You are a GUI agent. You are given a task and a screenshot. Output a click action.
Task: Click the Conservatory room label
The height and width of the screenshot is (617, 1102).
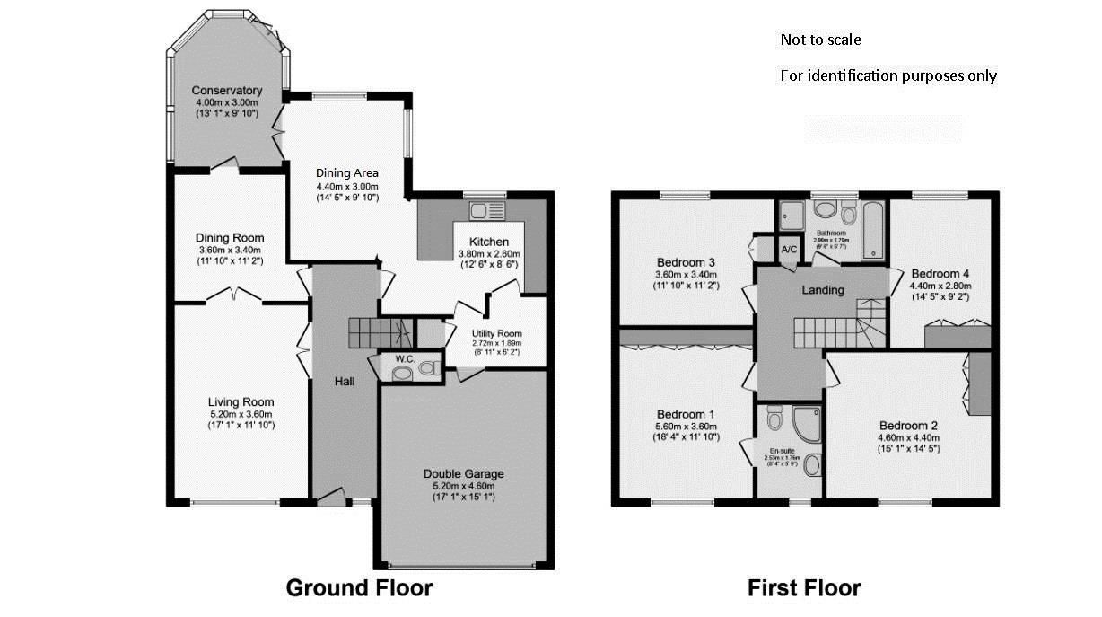point(227,91)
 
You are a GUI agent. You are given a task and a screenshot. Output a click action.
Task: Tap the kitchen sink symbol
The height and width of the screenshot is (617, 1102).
point(488,211)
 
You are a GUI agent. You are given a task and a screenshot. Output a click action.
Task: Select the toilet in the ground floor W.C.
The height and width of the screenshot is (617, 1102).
point(430,367)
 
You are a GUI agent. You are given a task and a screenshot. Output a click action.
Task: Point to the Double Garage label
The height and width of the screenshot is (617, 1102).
point(464,473)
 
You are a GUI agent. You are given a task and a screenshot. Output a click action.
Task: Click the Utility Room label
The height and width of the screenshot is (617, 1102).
point(496,333)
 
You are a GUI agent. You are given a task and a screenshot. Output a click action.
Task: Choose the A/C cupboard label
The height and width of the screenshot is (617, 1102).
point(790,249)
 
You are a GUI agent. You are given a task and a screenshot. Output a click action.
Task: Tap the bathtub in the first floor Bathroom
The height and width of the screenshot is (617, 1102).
point(874,231)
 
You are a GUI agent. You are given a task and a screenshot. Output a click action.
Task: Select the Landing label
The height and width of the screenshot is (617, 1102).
point(823,290)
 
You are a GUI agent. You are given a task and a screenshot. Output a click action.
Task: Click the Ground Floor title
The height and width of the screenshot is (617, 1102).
point(359,588)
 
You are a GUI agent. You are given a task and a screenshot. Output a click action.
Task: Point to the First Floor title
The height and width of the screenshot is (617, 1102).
point(804,588)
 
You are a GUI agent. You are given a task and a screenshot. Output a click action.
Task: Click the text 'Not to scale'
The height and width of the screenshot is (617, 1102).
point(820,40)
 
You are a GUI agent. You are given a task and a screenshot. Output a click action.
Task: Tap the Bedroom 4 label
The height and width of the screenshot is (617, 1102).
point(940,273)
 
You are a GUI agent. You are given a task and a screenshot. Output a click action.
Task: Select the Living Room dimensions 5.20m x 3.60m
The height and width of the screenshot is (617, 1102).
point(241,414)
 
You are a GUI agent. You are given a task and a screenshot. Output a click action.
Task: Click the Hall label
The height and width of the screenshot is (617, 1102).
point(345,382)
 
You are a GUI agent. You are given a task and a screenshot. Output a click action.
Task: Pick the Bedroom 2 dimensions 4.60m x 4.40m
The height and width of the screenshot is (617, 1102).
point(909,437)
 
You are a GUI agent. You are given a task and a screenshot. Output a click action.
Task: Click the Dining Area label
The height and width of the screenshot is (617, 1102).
point(346,172)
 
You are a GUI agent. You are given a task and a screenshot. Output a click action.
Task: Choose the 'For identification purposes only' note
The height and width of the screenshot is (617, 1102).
point(888,75)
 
